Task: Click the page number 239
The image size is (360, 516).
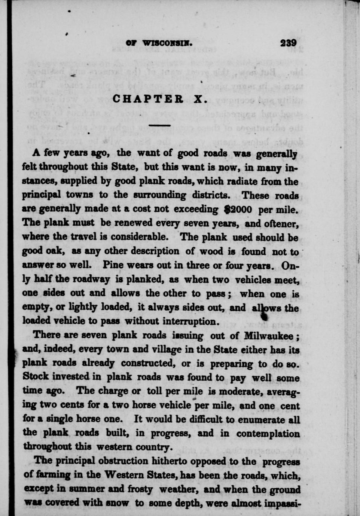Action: (x=289, y=43)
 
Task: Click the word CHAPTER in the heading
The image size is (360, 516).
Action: (x=148, y=99)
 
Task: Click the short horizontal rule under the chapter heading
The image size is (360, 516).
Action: (x=160, y=126)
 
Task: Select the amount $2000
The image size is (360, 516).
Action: (x=238, y=209)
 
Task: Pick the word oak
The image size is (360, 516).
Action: (x=56, y=251)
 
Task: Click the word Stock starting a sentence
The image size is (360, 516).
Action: (x=37, y=377)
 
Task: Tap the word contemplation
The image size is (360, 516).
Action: (x=268, y=434)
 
